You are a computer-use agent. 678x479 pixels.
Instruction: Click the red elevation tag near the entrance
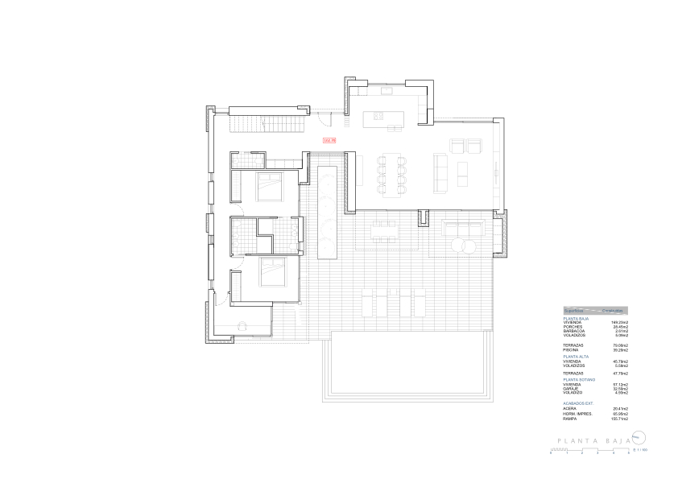328,141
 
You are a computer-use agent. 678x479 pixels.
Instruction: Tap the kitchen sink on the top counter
386,92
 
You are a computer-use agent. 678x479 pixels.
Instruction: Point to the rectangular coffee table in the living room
462,174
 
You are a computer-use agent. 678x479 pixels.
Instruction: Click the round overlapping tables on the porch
464,244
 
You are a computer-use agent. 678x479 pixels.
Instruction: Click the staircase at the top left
269,124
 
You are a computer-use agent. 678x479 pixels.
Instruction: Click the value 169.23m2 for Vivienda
618,322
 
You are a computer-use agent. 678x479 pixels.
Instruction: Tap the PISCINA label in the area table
571,350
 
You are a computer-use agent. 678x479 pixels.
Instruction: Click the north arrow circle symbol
637,438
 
